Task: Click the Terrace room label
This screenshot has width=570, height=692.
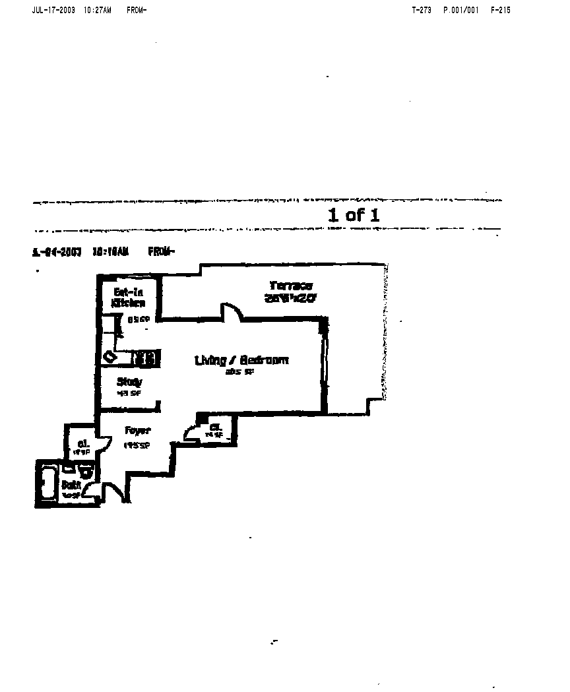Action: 290,286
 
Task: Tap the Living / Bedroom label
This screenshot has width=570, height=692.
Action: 241,360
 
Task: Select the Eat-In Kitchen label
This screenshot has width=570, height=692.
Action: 129,298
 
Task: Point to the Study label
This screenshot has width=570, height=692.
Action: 129,382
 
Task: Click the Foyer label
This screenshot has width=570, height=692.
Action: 138,431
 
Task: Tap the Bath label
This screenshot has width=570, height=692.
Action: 71,485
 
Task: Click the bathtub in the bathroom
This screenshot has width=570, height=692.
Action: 47,483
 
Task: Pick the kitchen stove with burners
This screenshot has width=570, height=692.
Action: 145,358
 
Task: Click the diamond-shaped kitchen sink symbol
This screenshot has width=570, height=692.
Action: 109,357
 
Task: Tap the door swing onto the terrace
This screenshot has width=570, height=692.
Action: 231,311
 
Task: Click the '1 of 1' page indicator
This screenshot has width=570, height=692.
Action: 354,214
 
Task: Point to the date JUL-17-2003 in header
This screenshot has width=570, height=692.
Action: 54,11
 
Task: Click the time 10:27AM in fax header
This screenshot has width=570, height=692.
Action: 98,11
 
